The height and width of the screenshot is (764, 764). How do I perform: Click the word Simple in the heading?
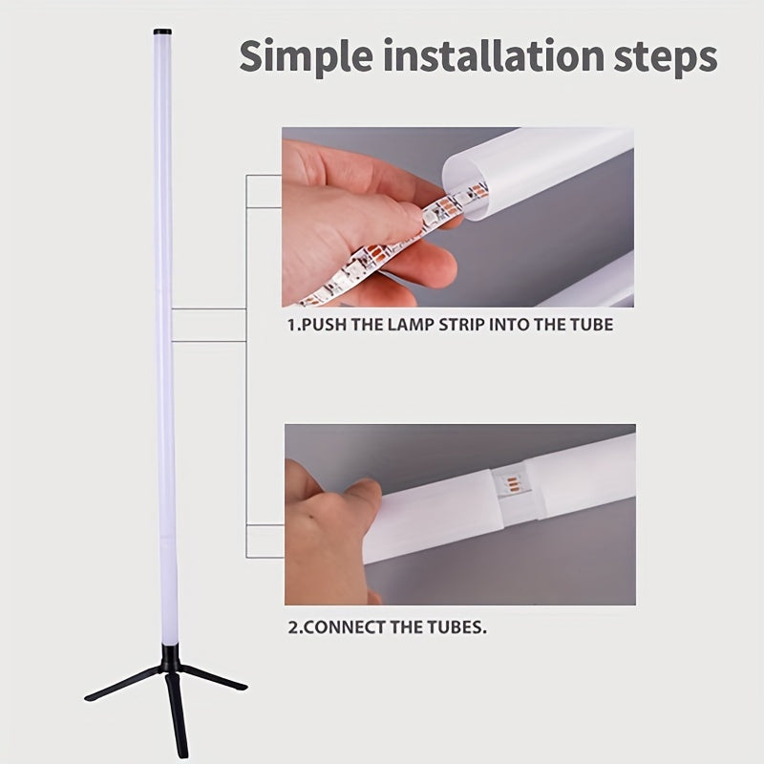point(298,57)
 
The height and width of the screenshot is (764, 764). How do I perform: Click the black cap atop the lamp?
point(162,32)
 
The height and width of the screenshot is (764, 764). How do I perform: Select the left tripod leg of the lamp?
point(119,686)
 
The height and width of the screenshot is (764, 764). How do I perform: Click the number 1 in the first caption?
point(290,325)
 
